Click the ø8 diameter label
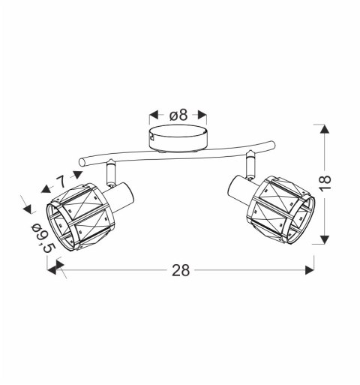(178, 116)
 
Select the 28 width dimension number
(181, 270)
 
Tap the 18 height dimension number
(325, 183)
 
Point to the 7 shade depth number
(61, 181)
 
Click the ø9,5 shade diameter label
(43, 238)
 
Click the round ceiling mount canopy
(178, 139)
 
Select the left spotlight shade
(80, 218)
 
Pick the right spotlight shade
(280, 209)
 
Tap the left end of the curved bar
(81, 162)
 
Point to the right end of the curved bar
(273, 145)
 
